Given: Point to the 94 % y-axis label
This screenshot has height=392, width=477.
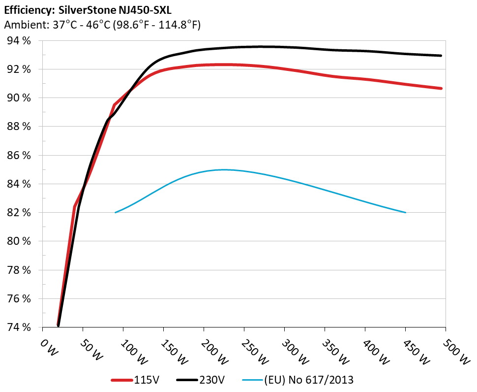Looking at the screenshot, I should tap(19, 41).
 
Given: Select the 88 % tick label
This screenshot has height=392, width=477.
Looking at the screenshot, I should tap(19, 127).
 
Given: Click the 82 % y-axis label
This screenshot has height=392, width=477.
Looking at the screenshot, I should tap(19, 213).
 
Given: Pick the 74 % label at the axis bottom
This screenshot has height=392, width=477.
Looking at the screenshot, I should tap(19, 327).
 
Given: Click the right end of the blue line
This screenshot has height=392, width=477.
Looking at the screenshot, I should tap(406, 213).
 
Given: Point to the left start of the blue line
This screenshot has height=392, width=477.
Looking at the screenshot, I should tap(115, 213).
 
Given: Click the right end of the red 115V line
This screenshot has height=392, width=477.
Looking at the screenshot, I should tap(442, 88).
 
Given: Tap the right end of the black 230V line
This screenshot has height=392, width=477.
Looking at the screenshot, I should tap(441, 56).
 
